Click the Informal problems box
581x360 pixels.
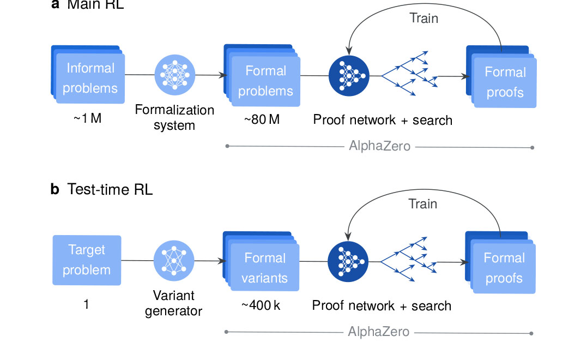click(x=90, y=78)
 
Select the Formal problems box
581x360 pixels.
click(x=265, y=81)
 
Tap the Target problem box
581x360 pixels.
click(x=87, y=260)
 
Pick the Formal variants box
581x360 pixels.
click(x=264, y=267)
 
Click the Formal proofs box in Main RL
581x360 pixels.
click(x=504, y=82)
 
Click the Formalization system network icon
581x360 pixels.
click(x=174, y=75)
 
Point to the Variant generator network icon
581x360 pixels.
click(x=174, y=260)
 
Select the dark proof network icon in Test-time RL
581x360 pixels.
click(x=347, y=261)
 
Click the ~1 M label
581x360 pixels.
click(x=87, y=118)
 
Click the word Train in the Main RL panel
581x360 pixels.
click(x=423, y=18)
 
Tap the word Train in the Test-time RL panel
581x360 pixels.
click(x=423, y=204)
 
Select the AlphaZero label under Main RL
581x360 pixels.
click(x=379, y=146)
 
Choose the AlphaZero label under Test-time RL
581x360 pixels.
click(x=379, y=332)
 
